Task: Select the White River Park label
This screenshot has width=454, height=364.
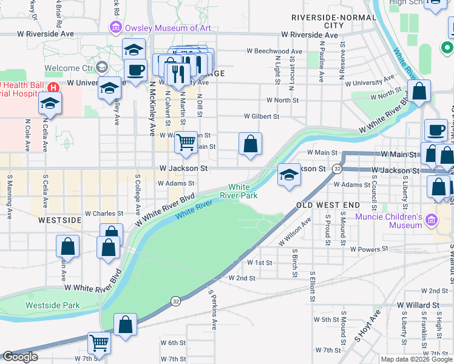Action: [243, 191]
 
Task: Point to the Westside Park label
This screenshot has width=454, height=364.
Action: [53, 305]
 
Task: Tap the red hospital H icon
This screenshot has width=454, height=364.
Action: [53, 87]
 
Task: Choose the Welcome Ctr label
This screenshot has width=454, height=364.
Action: [68, 68]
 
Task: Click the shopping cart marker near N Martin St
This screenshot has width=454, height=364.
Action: [186, 143]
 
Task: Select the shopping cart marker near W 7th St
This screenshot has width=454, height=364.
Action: [99, 343]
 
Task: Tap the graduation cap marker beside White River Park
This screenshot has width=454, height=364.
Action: [289, 175]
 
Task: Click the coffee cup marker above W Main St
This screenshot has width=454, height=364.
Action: [435, 130]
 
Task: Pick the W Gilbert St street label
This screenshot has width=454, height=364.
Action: [261, 116]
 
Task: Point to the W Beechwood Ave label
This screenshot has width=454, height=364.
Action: [274, 52]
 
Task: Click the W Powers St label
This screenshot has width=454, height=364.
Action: [368, 249]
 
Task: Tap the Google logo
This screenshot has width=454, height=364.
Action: [20, 357]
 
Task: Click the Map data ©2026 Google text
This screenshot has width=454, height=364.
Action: [416, 359]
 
